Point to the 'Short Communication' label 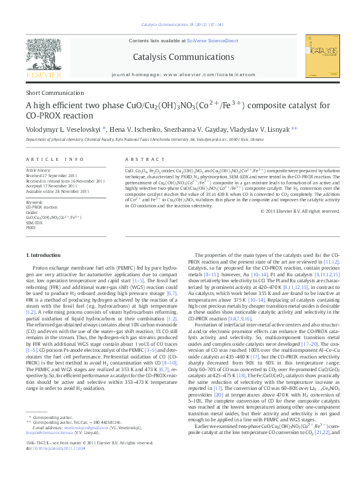(51, 94)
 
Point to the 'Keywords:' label (34, 202)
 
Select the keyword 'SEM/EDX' (34, 222)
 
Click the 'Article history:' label (38, 171)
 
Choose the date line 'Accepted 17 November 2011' (51, 186)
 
